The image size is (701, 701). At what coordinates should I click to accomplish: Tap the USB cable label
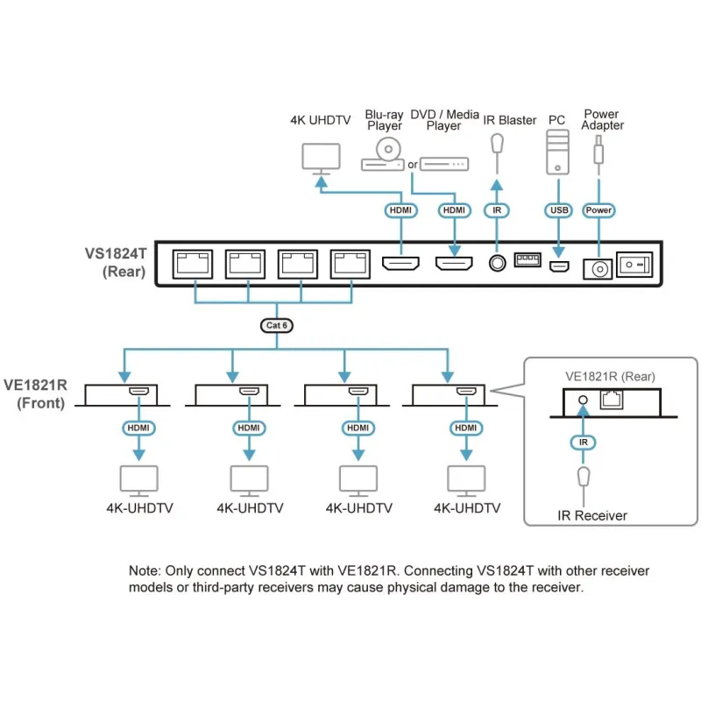557,210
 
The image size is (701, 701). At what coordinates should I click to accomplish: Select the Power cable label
598,210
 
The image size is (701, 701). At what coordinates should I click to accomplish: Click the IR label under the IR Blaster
497,210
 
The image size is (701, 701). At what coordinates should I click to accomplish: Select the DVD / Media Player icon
443,164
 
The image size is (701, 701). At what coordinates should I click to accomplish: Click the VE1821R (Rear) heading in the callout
610,377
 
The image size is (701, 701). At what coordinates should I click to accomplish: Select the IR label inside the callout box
584,442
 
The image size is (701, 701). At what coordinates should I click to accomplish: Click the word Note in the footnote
145,571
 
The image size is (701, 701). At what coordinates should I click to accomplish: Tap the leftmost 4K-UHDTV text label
139,508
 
